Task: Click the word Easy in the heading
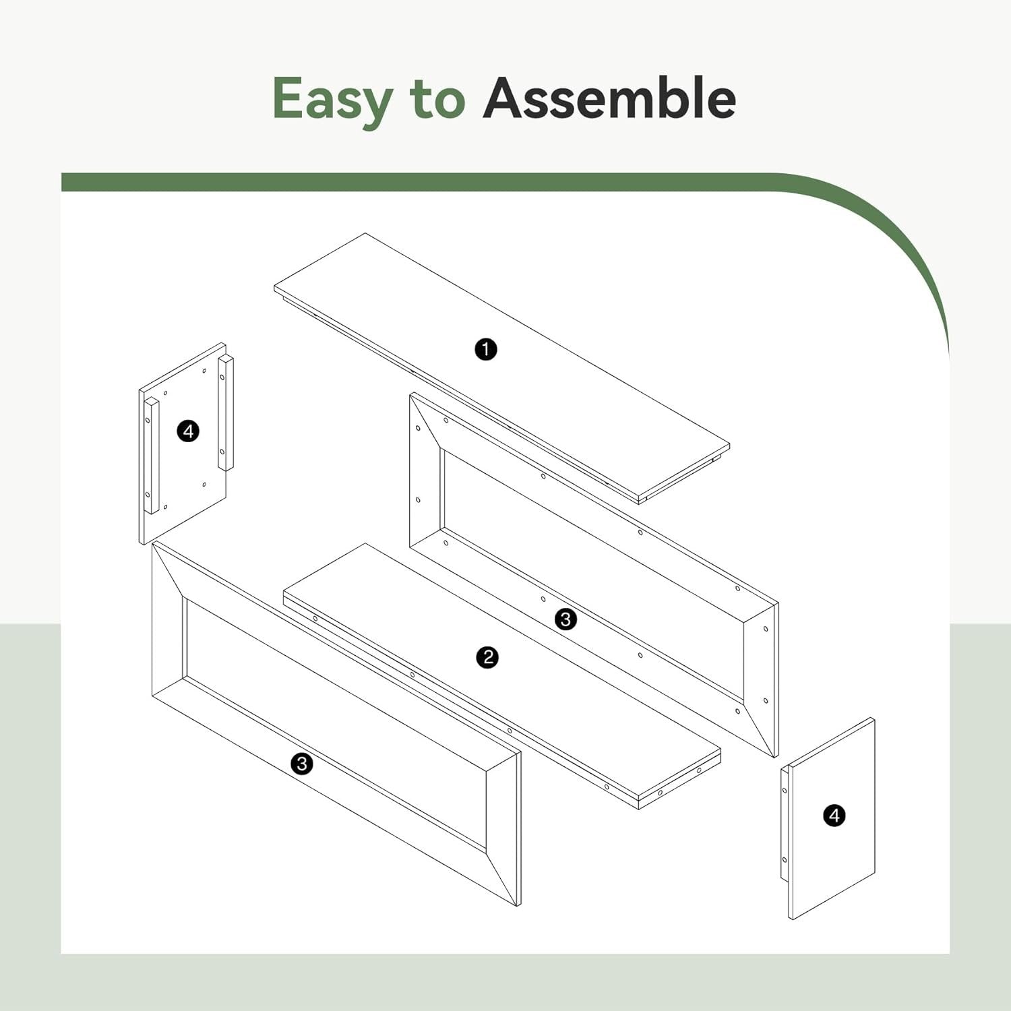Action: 332,100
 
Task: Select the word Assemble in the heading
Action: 609,98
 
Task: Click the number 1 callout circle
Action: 486,349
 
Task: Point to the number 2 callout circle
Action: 487,657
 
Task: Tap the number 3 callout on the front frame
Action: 302,764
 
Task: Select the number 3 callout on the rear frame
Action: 565,619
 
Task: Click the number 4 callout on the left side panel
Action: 188,431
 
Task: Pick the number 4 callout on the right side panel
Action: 834,816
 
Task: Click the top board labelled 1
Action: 501,368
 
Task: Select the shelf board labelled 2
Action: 502,676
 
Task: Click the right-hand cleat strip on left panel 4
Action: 226,413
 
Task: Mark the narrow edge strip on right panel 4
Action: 785,823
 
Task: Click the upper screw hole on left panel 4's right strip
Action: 222,377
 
